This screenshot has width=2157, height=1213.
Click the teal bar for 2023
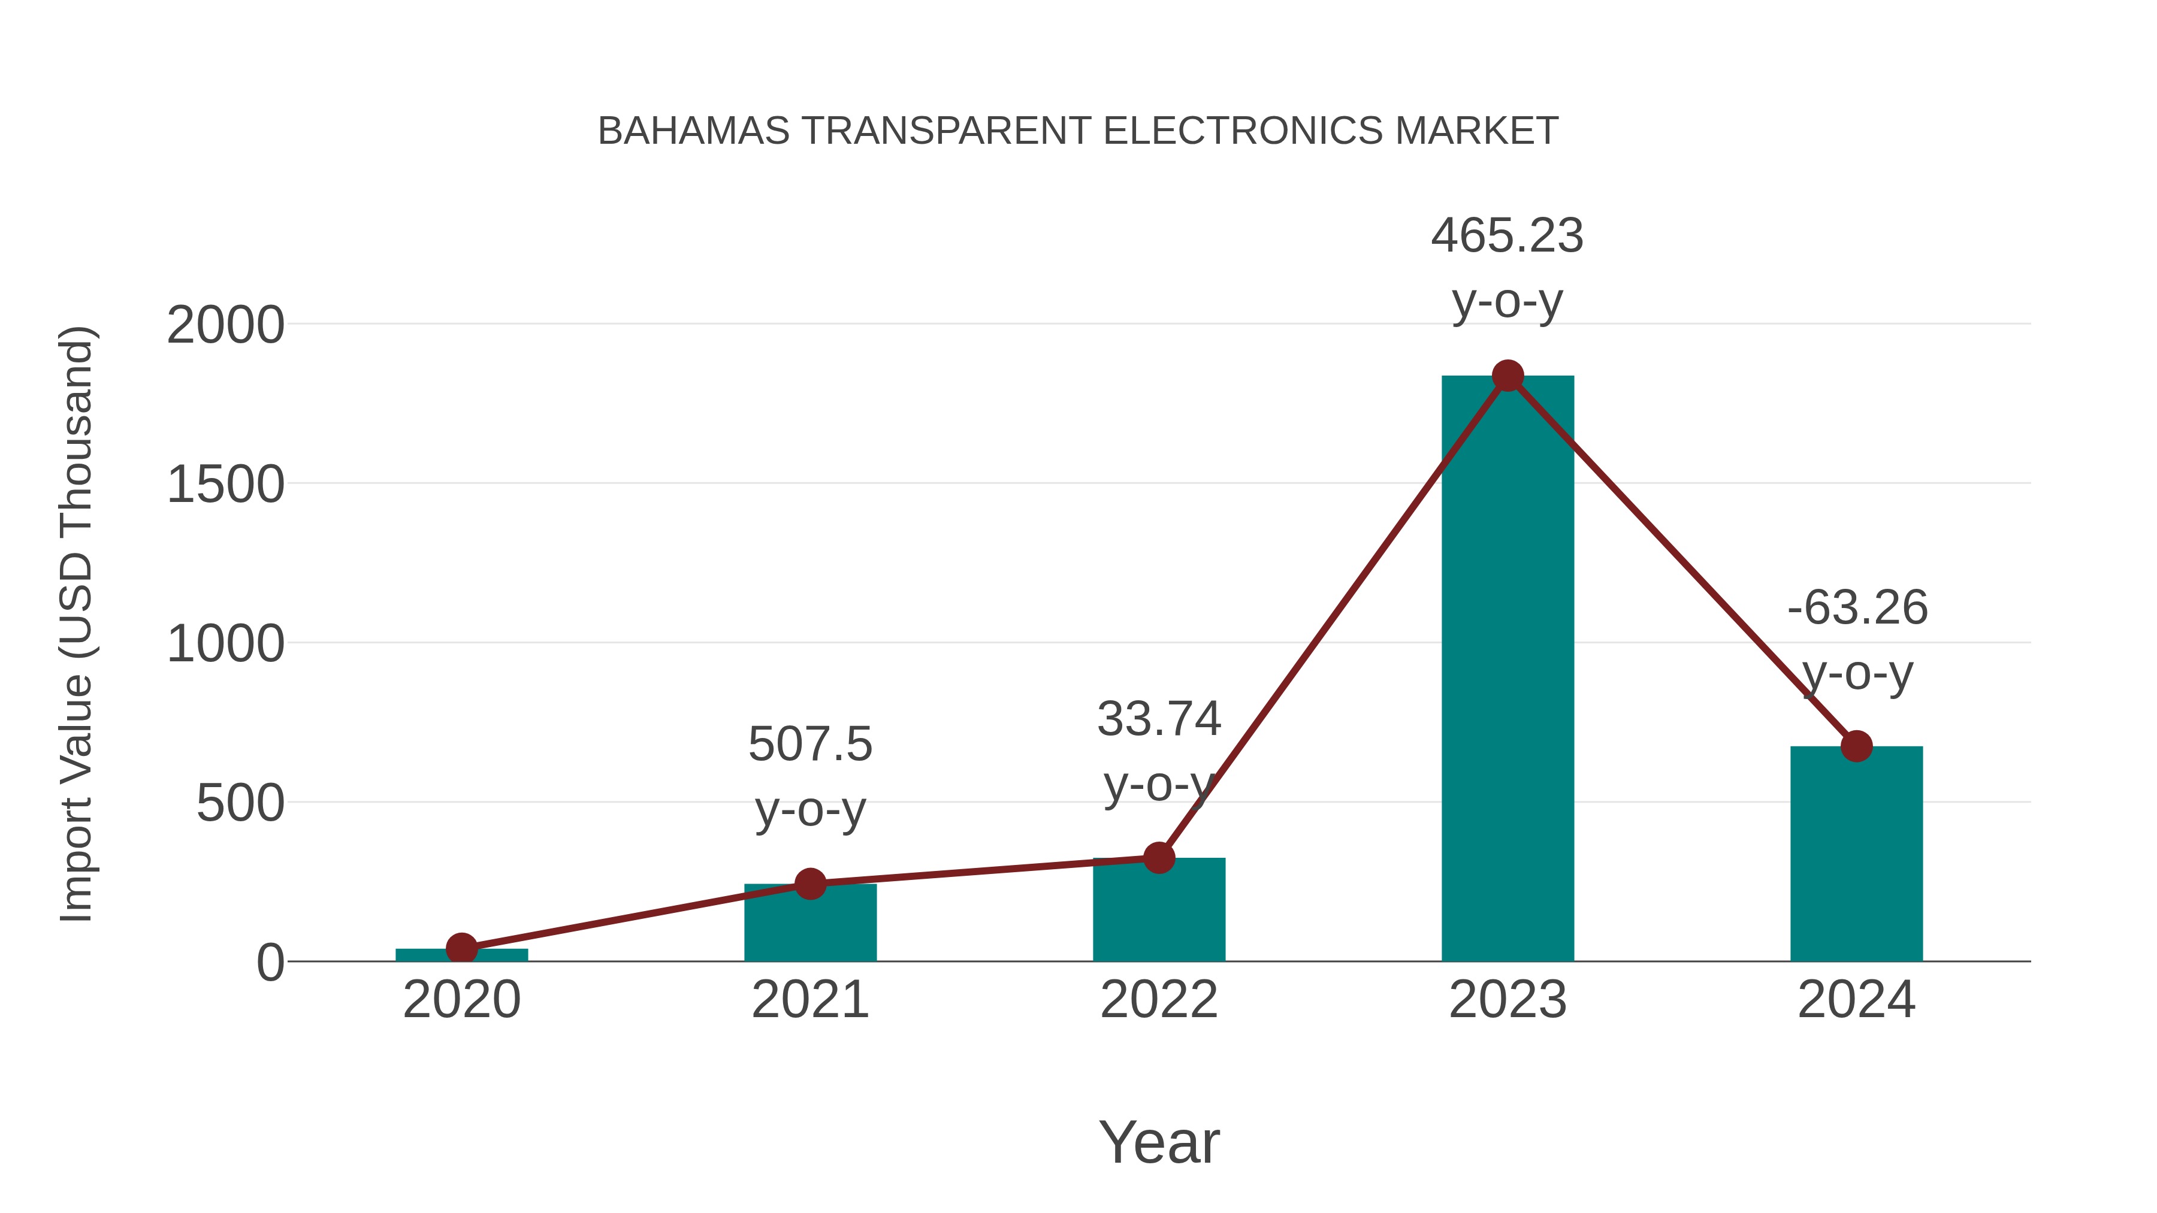(x=1508, y=670)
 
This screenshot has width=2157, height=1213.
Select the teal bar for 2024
(x=1856, y=854)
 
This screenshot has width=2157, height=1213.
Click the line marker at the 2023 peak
(x=1508, y=376)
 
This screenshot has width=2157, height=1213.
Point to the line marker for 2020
(x=461, y=948)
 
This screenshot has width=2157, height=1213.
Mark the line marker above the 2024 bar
(x=1856, y=746)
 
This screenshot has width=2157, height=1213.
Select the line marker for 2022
(x=1159, y=858)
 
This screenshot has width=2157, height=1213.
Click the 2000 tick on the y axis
(x=225, y=325)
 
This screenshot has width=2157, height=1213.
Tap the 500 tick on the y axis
(x=240, y=804)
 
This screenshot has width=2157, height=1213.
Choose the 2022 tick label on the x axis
(x=1159, y=1000)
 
